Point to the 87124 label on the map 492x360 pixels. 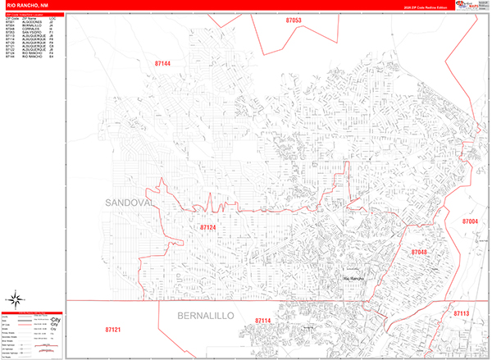tap(209, 227)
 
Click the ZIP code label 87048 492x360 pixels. tap(420, 252)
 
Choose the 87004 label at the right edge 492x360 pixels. tap(470, 221)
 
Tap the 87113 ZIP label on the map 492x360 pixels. tap(461, 312)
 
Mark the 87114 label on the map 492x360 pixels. tap(262, 321)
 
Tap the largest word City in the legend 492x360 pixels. tap(56, 320)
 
